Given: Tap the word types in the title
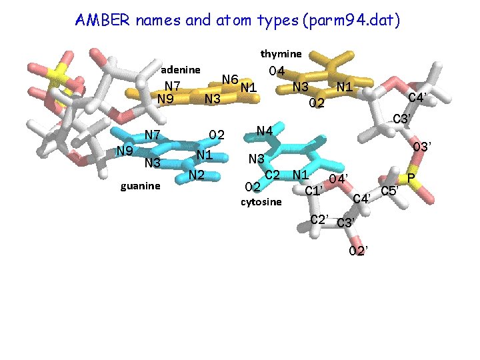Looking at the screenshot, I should [280, 21].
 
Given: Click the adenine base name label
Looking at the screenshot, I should [181, 69].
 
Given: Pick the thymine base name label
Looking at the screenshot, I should [281, 53].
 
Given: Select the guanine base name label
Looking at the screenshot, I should [140, 186].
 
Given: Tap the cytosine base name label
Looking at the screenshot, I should [261, 201].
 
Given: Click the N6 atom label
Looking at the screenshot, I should [231, 79].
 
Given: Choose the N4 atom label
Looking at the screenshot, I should [265, 131].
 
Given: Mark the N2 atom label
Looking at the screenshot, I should [195, 175].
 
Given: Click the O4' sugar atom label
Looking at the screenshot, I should [337, 179].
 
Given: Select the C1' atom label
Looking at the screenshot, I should [314, 192].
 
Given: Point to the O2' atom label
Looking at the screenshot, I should [359, 251].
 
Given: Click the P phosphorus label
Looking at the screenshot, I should [411, 178].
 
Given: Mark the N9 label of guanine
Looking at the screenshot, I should [125, 150].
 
